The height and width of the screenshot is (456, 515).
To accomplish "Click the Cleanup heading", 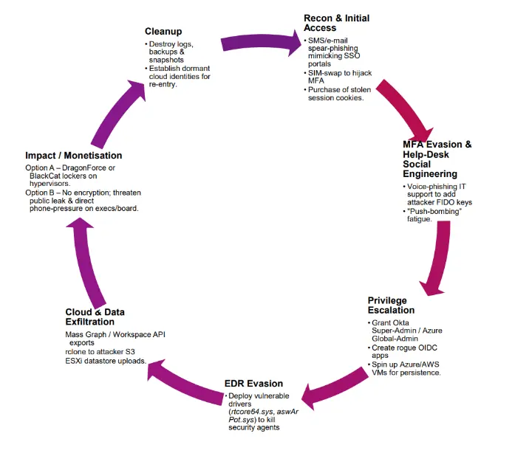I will [x=165, y=32].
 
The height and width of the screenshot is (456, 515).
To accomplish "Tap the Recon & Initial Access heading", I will [x=336, y=23].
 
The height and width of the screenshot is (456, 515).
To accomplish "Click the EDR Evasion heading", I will [x=253, y=383].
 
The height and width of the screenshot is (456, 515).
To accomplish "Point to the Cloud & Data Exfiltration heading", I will [x=100, y=317].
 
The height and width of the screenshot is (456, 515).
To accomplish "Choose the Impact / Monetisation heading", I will [x=73, y=156].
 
